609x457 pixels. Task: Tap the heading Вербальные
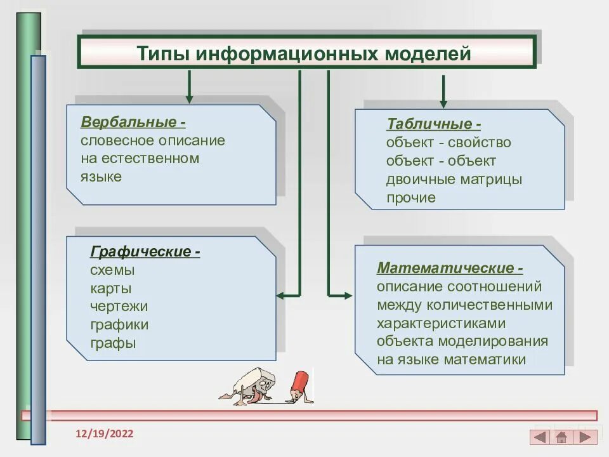[x=129, y=122]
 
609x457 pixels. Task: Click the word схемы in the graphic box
[x=112, y=270]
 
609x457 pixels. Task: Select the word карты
[x=111, y=289]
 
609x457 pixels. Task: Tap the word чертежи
[x=119, y=307]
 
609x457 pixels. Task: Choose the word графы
[x=113, y=344]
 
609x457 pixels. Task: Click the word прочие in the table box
[x=410, y=198]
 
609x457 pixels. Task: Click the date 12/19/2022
[x=105, y=434]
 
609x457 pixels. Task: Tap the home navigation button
[x=561, y=437]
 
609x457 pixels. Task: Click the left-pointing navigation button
[x=540, y=437]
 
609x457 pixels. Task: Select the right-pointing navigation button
[x=585, y=437]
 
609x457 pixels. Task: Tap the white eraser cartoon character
[x=254, y=385]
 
